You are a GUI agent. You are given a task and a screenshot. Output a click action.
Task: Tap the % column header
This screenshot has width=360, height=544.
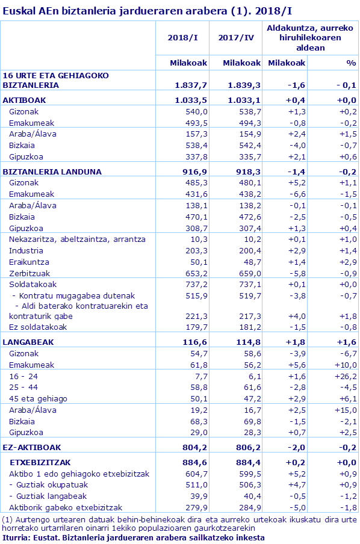click(351, 63)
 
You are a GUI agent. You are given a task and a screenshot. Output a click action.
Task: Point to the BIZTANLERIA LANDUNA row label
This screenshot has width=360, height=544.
click(52, 172)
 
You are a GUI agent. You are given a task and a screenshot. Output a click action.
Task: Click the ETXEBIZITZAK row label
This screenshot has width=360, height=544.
click(41, 462)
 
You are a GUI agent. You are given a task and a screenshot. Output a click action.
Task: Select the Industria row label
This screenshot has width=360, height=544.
click(26, 250)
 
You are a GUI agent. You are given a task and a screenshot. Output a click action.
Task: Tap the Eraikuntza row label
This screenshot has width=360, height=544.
click(28, 262)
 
